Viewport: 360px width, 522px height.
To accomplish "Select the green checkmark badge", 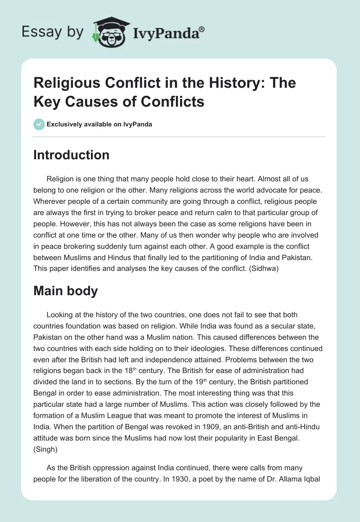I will [x=39, y=125].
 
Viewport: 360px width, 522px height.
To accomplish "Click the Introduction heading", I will [x=72, y=155].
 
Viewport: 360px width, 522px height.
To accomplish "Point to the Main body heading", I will [x=66, y=291].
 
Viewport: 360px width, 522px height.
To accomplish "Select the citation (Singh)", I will [x=45, y=461].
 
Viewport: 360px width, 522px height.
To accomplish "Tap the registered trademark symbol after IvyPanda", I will [x=202, y=29].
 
